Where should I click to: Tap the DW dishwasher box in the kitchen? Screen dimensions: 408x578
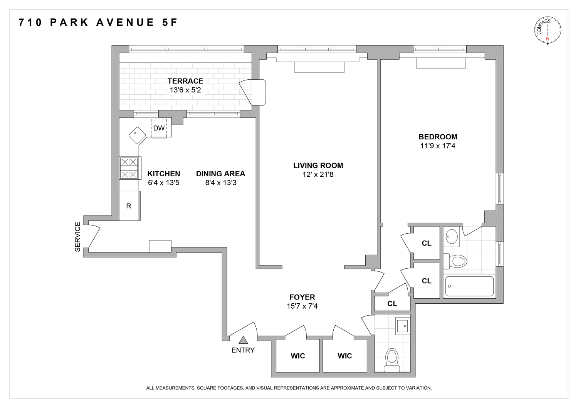159,128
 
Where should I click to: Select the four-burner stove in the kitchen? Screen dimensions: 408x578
129,168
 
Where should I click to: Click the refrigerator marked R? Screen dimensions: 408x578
129,206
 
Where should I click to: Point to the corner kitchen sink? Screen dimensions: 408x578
137,135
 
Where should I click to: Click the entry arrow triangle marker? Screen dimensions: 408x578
243,340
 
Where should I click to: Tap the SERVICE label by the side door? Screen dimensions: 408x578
78,237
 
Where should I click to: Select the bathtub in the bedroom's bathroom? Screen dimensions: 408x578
469,286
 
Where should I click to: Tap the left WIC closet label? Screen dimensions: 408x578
298,356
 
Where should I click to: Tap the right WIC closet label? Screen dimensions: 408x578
344,356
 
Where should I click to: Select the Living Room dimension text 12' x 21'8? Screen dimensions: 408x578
318,175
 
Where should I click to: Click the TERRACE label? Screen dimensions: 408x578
185,81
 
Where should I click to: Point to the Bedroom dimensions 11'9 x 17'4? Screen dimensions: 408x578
438,146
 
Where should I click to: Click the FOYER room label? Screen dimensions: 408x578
302,297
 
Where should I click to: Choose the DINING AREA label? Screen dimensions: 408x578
220,174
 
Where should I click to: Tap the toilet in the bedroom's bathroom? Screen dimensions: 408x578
456,261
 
